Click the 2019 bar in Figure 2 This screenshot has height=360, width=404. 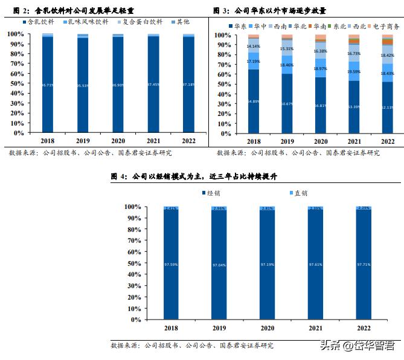pos(82,85)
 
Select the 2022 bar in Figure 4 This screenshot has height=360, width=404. pos(364,263)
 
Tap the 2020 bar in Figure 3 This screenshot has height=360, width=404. pos(320,85)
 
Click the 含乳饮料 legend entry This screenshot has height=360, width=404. pos(36,22)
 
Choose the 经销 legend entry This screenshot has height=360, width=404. pos(211,193)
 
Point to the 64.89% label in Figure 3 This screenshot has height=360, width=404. pos(254,101)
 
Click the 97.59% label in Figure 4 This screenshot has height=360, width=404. pos(171,264)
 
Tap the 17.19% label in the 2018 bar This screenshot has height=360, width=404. pos(254,61)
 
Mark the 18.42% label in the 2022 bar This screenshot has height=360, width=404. pos(388,55)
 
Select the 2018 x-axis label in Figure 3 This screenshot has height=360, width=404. pos(254,141)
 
